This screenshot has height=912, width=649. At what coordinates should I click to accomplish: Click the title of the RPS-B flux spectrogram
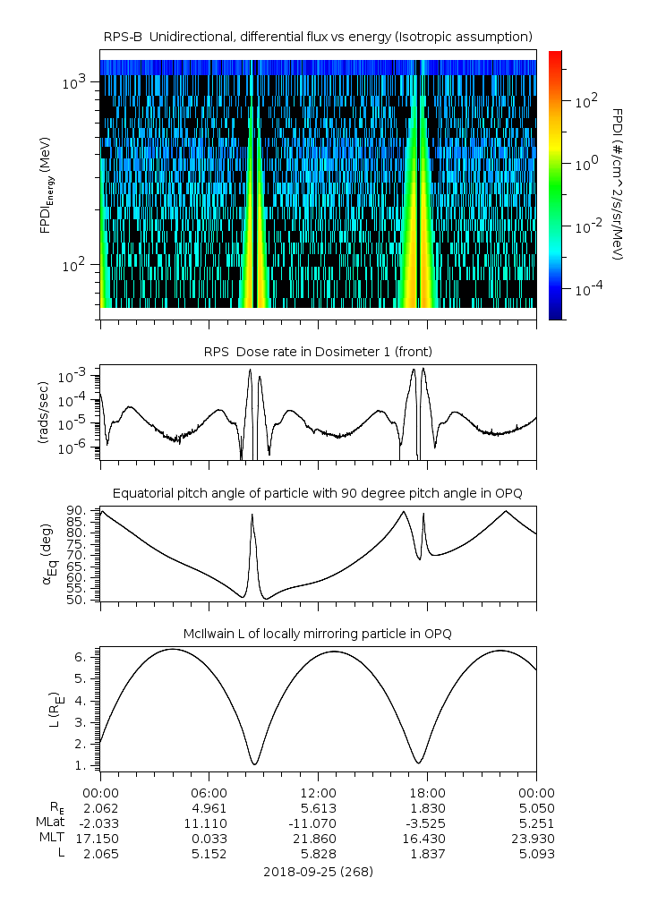[x=318, y=36]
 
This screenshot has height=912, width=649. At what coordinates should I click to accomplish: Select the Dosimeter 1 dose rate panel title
[x=318, y=352]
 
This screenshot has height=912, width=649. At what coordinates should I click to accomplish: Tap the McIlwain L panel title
[x=318, y=634]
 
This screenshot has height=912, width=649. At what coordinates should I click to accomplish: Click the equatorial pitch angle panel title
[x=318, y=493]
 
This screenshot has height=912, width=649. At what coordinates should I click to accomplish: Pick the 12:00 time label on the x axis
[x=318, y=792]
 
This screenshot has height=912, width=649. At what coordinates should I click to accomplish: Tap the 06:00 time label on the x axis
[x=209, y=792]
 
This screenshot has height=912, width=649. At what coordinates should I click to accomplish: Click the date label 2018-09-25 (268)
[x=318, y=871]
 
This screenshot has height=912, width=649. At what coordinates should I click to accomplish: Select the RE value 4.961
[x=209, y=807]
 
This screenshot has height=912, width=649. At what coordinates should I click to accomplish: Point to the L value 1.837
[x=427, y=854]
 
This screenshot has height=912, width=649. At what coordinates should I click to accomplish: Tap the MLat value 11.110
[x=209, y=823]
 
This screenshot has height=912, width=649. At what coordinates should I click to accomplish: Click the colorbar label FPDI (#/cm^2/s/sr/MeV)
[x=618, y=183]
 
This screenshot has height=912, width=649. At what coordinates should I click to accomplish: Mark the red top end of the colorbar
[x=555, y=55]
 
